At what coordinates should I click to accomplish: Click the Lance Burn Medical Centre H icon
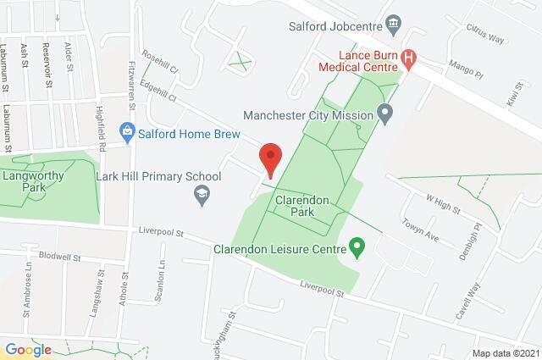tap(410, 58)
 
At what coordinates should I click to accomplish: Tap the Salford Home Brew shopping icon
tap(126, 130)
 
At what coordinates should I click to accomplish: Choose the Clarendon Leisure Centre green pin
tap(357, 248)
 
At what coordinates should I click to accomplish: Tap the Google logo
tap(29, 349)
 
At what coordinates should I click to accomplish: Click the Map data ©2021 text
tap(504, 352)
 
